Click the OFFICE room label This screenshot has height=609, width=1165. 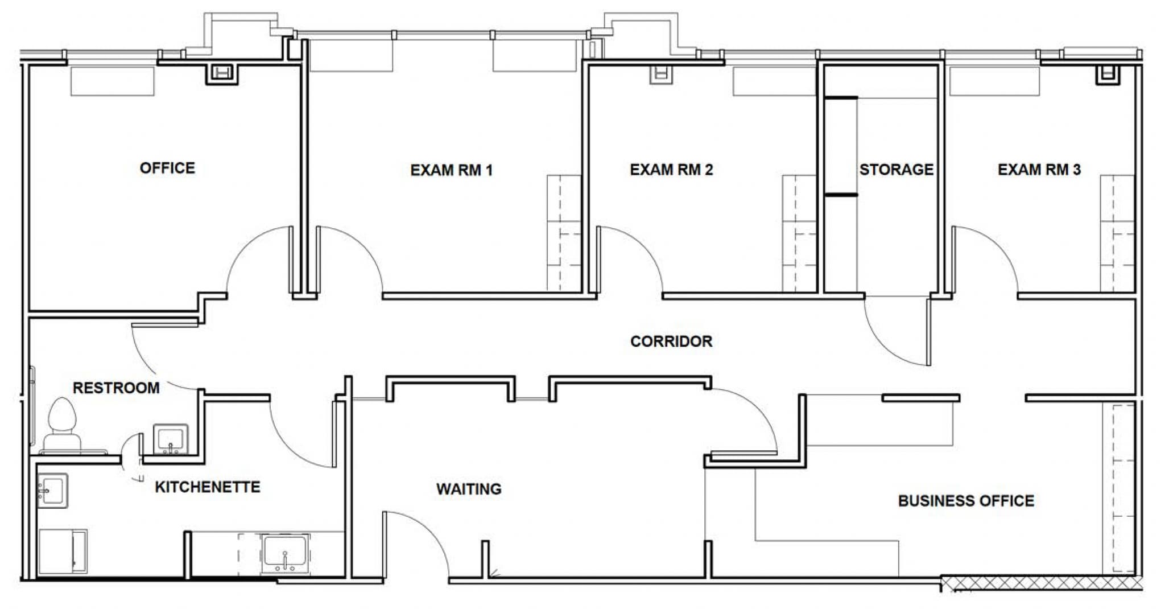tap(167, 168)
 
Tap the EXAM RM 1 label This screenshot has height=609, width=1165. tap(451, 170)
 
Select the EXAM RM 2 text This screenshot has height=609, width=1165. tap(671, 170)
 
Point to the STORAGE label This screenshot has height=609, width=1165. tap(896, 170)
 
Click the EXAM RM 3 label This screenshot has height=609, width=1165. tap(1039, 170)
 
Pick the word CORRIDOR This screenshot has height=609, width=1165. tap(671, 341)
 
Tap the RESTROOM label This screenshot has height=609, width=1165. tap(116, 388)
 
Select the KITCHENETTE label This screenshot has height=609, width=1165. tap(207, 487)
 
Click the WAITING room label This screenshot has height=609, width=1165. tap(469, 489)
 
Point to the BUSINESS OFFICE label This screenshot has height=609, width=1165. tap(966, 501)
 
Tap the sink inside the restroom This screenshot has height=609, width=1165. tap(170, 439)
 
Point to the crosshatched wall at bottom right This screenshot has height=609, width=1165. tap(1041, 583)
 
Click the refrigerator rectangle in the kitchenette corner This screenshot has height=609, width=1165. tap(63, 551)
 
